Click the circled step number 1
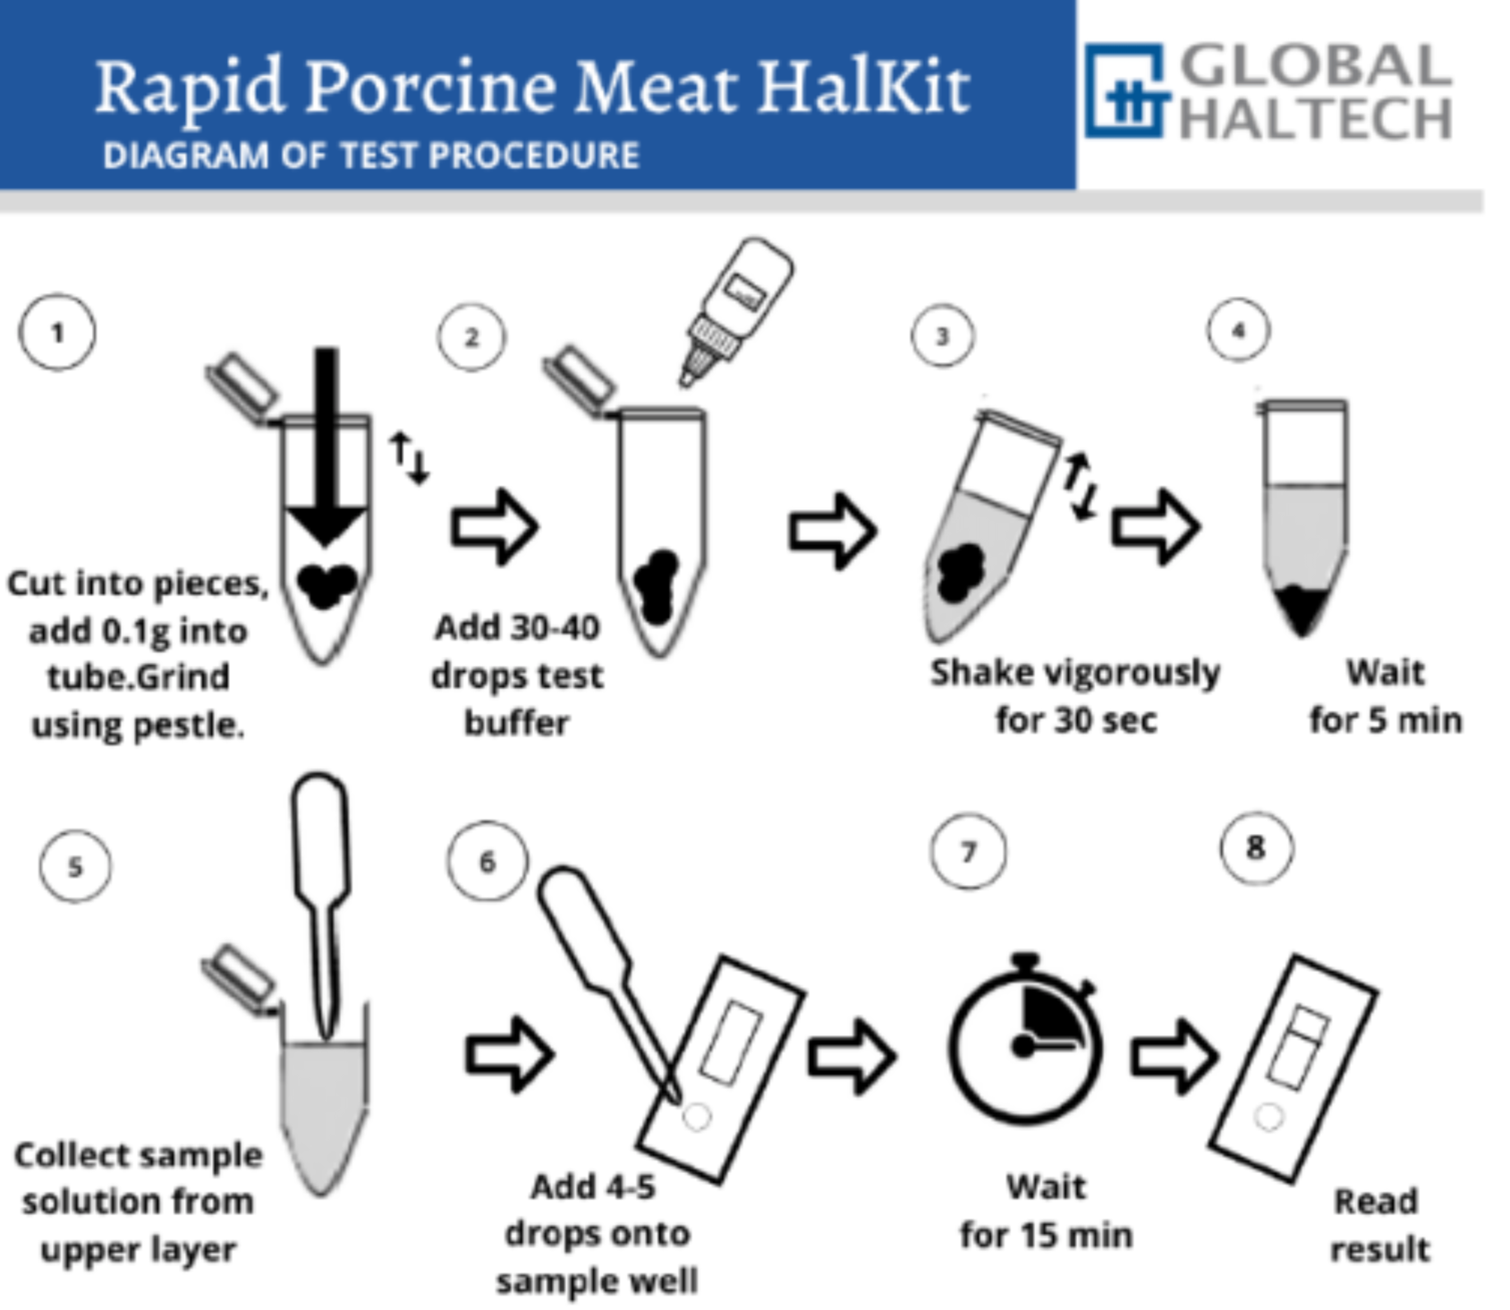[57, 333]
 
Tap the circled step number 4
[1238, 330]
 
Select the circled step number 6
[488, 862]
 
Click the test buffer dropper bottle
[735, 309]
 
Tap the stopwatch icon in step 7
[1025, 1038]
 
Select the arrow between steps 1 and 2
[495, 526]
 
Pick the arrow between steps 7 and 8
[1173, 1057]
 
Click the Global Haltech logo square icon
[1125, 90]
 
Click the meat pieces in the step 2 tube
[656, 586]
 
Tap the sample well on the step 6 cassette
[696, 1117]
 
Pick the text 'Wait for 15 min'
[1046, 1211]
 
